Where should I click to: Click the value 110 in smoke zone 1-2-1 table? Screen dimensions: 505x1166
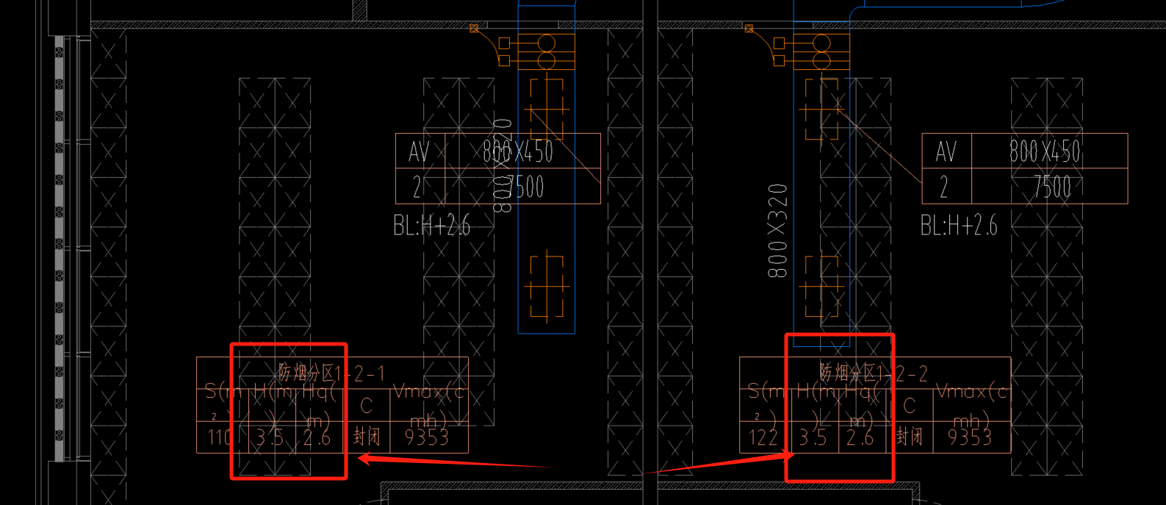(x=220, y=438)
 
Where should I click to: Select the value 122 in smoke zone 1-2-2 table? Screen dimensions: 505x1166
(x=763, y=438)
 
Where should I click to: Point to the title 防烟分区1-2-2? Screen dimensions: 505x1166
(x=874, y=373)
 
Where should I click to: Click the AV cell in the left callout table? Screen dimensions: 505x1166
(x=419, y=152)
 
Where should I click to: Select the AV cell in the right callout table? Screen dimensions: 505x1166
(x=946, y=152)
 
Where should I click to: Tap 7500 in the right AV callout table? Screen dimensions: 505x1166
(x=1051, y=187)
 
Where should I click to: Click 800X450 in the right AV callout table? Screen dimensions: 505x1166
(x=1045, y=152)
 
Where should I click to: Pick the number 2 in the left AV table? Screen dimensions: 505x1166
(x=417, y=187)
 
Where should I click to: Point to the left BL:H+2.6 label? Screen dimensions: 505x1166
(x=431, y=226)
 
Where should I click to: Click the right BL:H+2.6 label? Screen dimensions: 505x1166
(x=959, y=226)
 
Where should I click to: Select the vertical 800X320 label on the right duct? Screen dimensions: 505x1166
(x=777, y=231)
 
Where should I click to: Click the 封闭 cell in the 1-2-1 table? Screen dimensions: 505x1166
(x=367, y=437)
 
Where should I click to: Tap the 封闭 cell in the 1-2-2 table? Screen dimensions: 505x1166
(x=910, y=437)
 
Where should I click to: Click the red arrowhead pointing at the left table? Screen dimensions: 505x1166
(x=362, y=459)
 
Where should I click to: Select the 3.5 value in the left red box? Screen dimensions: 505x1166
(x=270, y=438)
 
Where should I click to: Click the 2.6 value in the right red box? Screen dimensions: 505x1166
(x=860, y=438)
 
